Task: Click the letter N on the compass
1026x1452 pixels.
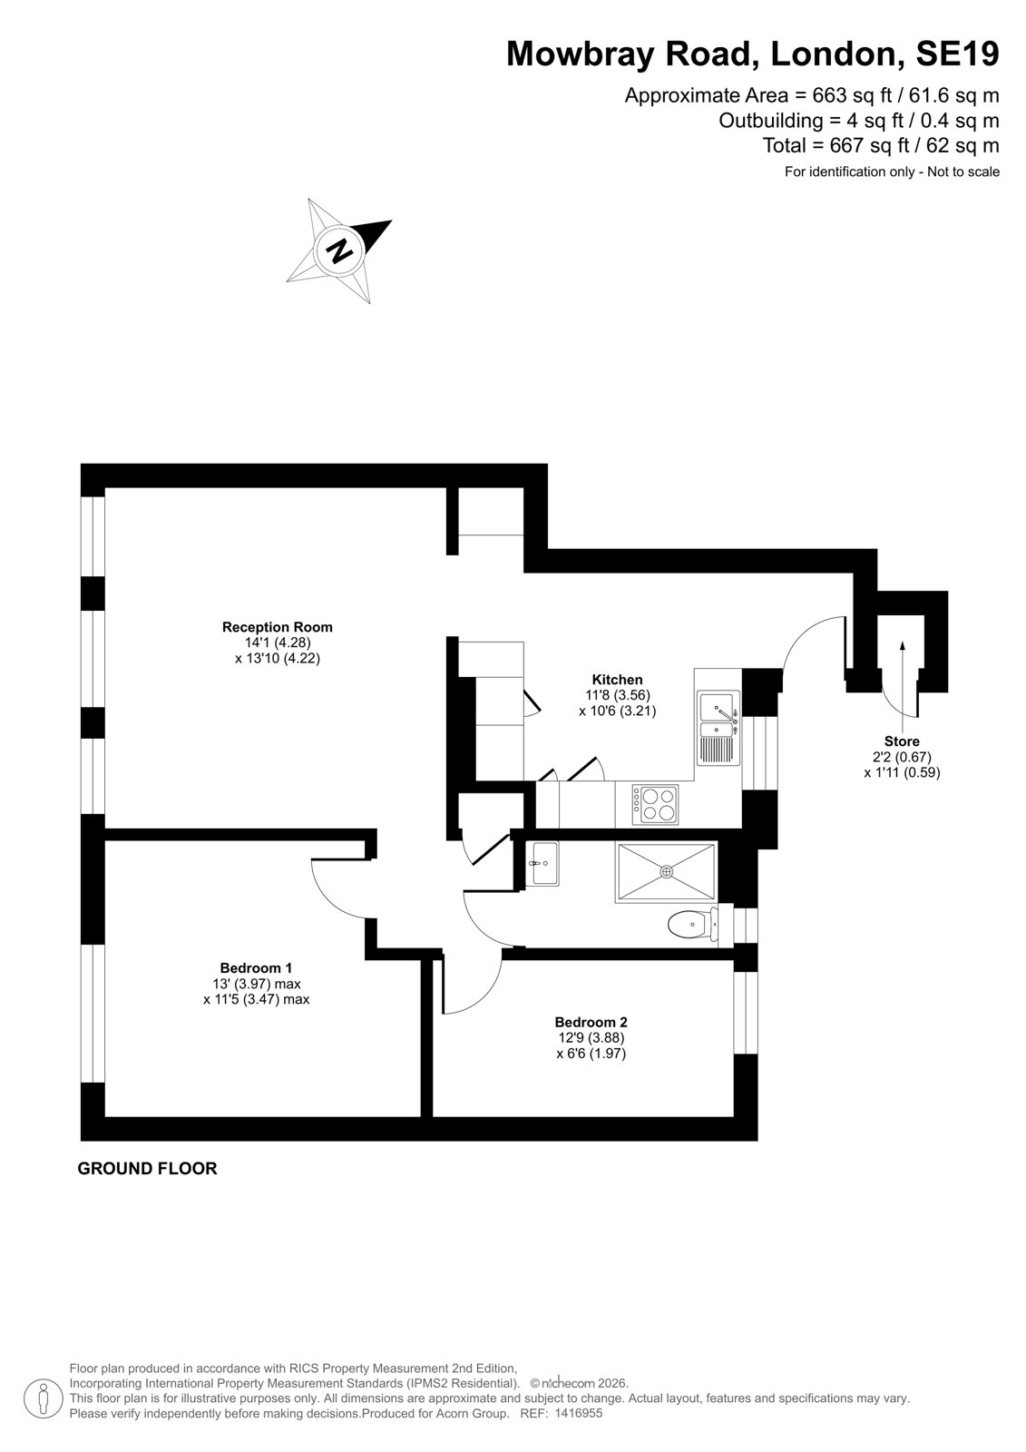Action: pos(339,250)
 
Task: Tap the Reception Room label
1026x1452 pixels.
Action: pos(277,627)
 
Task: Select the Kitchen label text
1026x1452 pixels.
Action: pos(617,680)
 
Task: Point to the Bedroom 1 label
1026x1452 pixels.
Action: pos(255,967)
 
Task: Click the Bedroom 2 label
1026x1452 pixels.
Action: pos(591,1022)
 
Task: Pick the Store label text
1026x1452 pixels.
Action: pos(902,741)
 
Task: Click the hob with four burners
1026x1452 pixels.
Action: pos(655,804)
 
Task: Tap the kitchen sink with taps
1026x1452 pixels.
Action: pos(718,727)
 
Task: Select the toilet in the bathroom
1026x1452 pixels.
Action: pos(692,924)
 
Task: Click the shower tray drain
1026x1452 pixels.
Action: pos(666,872)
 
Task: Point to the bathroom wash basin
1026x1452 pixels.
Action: pos(542,863)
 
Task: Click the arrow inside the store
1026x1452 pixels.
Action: pos(903,678)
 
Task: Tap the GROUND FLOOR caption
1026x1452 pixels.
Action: pos(147,1169)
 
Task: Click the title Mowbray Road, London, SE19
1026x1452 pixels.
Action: pos(752,54)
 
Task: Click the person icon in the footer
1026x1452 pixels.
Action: pos(44,1398)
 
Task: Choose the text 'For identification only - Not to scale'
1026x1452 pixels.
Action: pos(892,172)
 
